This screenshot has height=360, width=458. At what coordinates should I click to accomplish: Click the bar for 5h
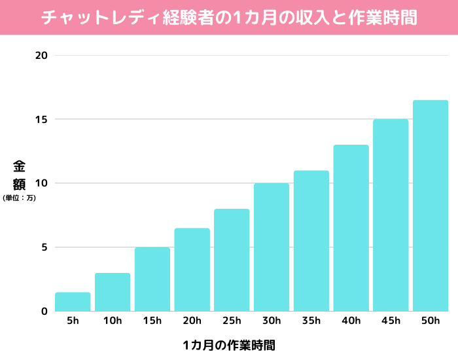[x=73, y=302]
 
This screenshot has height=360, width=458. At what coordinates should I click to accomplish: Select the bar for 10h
[x=113, y=292]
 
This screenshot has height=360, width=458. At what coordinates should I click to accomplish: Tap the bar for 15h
[x=152, y=279]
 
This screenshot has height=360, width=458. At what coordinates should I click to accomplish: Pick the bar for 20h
[x=192, y=270]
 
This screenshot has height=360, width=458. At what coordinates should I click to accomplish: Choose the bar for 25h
[x=232, y=260]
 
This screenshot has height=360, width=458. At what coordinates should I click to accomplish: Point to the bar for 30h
[x=272, y=247]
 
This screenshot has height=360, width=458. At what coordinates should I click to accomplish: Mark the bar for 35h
[x=311, y=241]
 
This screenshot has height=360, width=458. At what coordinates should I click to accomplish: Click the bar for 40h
[x=351, y=228]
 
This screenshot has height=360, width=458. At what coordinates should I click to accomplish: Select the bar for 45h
[x=391, y=215]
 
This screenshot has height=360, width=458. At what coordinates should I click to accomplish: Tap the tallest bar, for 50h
[x=431, y=206]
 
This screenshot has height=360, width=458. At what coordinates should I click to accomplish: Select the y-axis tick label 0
[x=44, y=312]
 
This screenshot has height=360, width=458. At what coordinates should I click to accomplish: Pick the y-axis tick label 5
[x=44, y=247]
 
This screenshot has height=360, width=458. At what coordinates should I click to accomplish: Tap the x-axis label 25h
[x=232, y=321]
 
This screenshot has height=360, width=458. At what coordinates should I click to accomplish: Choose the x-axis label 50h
[x=431, y=321]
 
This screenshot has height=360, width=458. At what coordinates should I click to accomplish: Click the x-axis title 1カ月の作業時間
[x=229, y=344]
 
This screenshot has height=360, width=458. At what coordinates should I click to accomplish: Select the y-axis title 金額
[x=19, y=175]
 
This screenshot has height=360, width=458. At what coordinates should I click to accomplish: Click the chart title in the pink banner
[x=229, y=17]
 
